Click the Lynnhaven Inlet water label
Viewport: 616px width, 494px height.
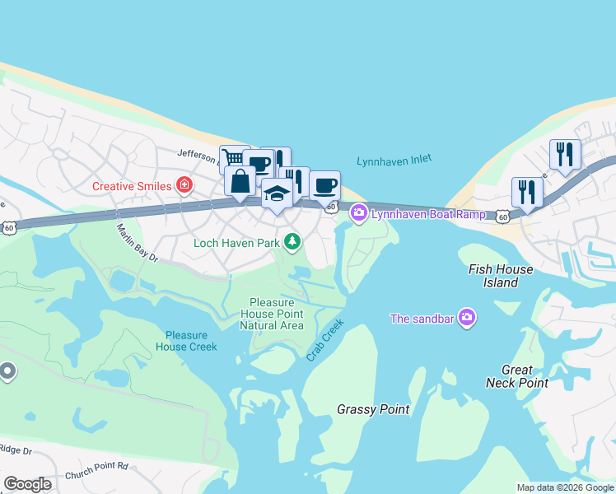click(394, 161)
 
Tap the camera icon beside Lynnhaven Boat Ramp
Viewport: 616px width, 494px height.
click(358, 213)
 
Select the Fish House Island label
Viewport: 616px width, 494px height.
click(500, 276)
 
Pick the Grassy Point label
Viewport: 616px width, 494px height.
click(373, 409)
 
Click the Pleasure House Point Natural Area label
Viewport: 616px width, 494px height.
click(272, 314)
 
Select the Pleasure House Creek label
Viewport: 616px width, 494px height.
click(191, 341)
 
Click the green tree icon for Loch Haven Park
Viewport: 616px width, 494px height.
click(292, 241)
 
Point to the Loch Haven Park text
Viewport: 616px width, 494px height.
click(237, 243)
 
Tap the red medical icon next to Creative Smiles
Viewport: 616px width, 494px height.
click(184, 185)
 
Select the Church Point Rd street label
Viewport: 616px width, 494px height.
click(100, 466)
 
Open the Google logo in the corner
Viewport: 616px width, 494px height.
click(27, 484)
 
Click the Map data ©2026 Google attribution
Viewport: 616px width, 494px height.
click(564, 487)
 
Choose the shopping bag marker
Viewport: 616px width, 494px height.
click(240, 181)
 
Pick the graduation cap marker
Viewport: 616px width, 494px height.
click(277, 195)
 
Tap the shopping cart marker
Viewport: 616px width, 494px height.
click(233, 157)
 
